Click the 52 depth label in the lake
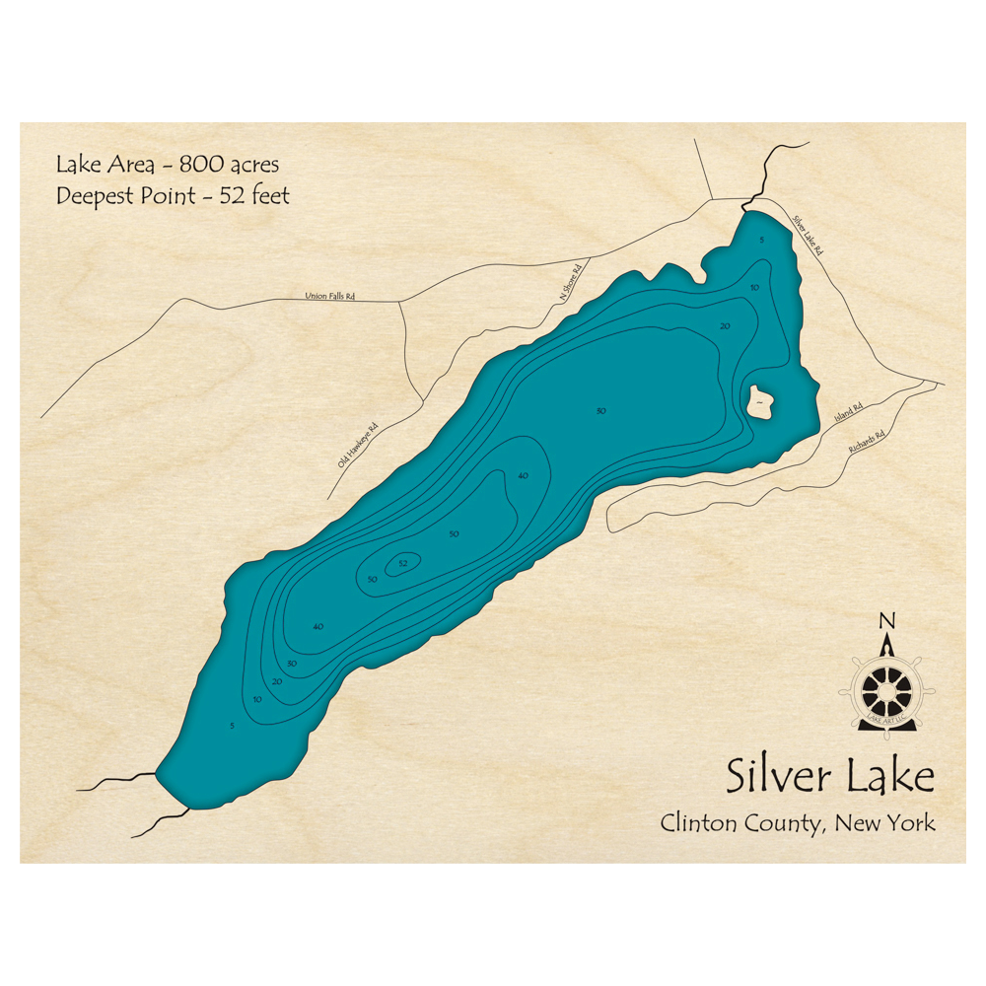pos(402,564)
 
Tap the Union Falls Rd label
pos(329,295)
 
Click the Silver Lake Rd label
pos(807,237)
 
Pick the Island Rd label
pos(848,412)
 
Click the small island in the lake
pos(761,401)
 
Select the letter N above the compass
pos(886,620)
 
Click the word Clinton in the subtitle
pos(696,822)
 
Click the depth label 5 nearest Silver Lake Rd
pos(761,240)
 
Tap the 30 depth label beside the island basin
pos(600,410)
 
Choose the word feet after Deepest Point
pos(270,195)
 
